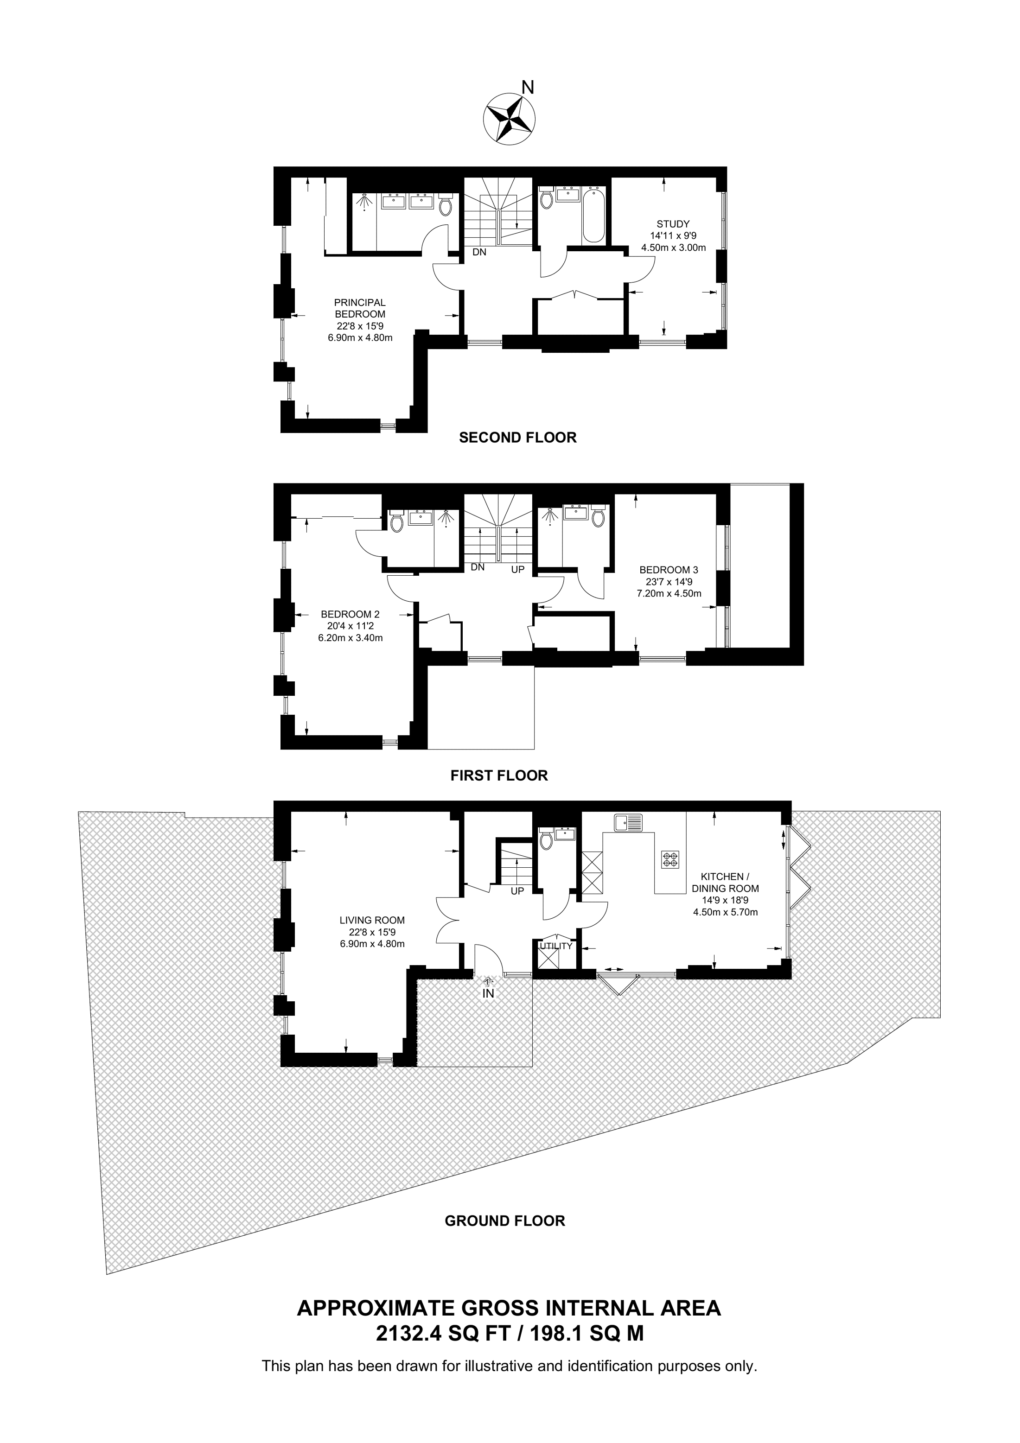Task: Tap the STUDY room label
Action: click(x=673, y=224)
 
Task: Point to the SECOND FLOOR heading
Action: click(x=517, y=438)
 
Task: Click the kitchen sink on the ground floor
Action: click(x=629, y=822)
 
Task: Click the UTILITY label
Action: click(x=556, y=946)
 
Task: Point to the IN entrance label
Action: click(x=488, y=994)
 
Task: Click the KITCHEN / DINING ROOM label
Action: click(x=725, y=883)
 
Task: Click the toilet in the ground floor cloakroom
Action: click(x=546, y=839)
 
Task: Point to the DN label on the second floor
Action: click(x=479, y=253)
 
